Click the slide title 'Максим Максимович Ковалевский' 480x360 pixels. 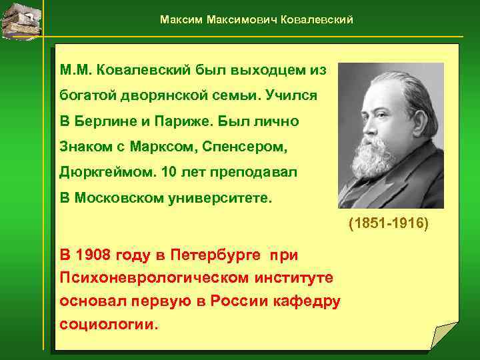257,20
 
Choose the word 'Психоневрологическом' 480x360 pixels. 151,277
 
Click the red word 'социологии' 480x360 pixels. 109,325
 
